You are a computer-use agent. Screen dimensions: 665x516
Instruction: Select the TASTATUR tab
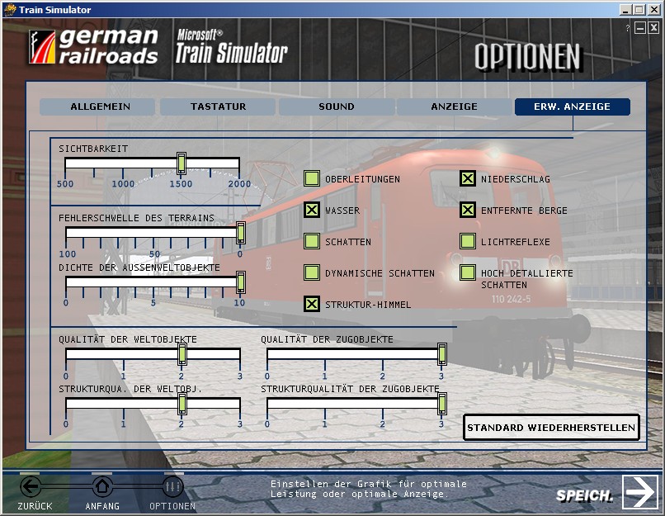pyautogui.click(x=218, y=107)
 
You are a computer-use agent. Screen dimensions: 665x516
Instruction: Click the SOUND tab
pyautogui.click(x=337, y=107)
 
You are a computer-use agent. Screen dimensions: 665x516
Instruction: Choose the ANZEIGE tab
pyautogui.click(x=455, y=107)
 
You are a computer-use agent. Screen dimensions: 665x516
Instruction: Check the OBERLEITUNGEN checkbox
pyautogui.click(x=312, y=178)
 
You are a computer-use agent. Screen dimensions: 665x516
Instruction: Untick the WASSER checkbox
pyautogui.click(x=312, y=210)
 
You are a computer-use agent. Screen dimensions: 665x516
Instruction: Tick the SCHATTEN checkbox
pyautogui.click(x=312, y=241)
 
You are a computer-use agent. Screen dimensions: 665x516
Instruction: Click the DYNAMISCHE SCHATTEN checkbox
pyautogui.click(x=312, y=272)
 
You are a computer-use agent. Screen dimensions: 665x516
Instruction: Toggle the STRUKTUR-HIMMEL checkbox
pyautogui.click(x=312, y=305)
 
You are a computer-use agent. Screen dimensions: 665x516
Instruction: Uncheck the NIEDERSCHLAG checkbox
pyautogui.click(x=467, y=178)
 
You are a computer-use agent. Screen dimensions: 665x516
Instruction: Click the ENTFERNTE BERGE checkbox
pyautogui.click(x=467, y=210)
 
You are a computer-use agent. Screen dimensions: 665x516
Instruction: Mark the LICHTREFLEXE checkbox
pyautogui.click(x=467, y=241)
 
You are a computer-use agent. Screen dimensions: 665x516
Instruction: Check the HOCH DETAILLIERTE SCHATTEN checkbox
pyautogui.click(x=467, y=272)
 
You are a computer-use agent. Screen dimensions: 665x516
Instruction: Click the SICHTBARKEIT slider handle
pyautogui.click(x=181, y=163)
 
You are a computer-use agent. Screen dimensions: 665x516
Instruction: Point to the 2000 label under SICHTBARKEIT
pyautogui.click(x=239, y=184)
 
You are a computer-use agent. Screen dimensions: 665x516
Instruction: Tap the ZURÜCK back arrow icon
pyautogui.click(x=31, y=486)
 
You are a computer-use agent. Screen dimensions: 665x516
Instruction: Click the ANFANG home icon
pyautogui.click(x=101, y=486)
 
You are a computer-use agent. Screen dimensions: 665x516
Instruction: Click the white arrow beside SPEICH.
pyautogui.click(x=640, y=492)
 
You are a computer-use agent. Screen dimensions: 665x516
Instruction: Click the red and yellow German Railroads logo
pyautogui.click(x=42, y=47)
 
